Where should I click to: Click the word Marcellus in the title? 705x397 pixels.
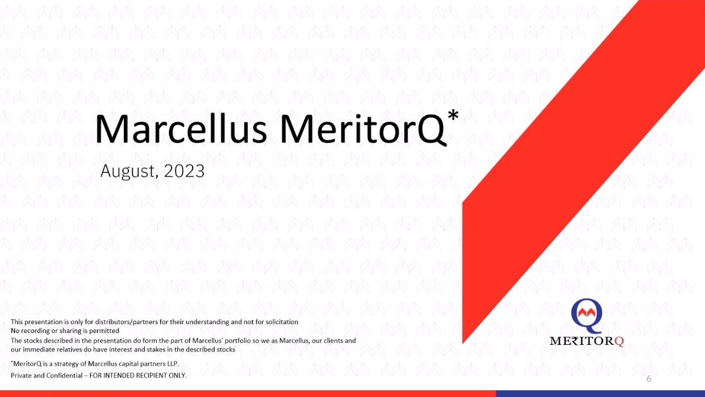[x=181, y=129]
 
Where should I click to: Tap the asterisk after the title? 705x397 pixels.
[x=453, y=115]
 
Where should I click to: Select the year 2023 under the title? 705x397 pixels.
[x=184, y=171]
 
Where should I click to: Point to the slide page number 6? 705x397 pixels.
[x=649, y=379]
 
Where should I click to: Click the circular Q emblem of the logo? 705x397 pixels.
[x=587, y=315]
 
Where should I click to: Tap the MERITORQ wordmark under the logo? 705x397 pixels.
[x=587, y=341]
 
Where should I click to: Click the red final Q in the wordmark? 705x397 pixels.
[x=619, y=341]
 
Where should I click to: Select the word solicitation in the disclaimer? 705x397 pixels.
[x=282, y=322]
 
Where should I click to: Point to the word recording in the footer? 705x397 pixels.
[x=36, y=331]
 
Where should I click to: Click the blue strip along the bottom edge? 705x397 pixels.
[x=600, y=394]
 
